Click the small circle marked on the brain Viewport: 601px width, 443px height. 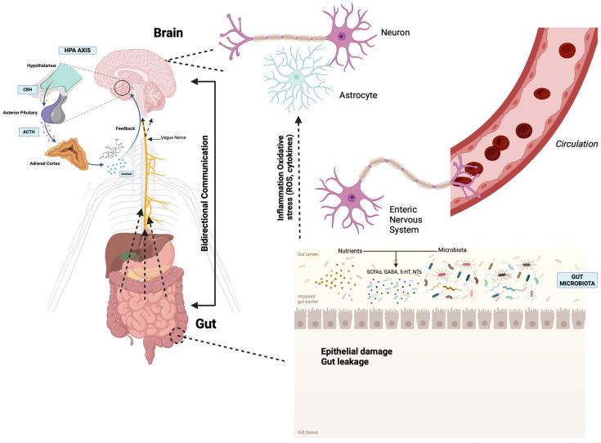point(122,87)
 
